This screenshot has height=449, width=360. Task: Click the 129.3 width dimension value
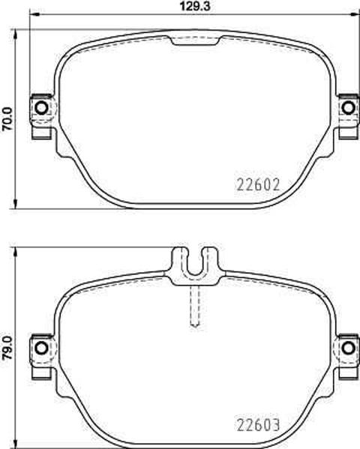[195, 6]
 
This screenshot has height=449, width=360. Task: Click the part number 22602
[258, 184]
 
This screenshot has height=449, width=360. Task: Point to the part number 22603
[258, 425]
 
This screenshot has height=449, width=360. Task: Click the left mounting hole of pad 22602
[41, 108]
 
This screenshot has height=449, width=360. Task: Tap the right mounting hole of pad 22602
[349, 108]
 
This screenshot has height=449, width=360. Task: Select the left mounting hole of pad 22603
[41, 348]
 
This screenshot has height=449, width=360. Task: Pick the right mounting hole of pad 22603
[349, 348]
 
